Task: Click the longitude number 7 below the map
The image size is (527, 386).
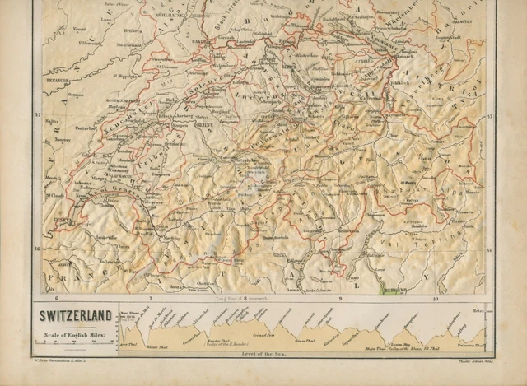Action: point(150,298)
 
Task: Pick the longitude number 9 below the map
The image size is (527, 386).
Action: point(339,298)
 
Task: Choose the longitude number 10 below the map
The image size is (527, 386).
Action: point(434,298)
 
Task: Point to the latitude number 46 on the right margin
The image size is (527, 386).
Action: point(489,248)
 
